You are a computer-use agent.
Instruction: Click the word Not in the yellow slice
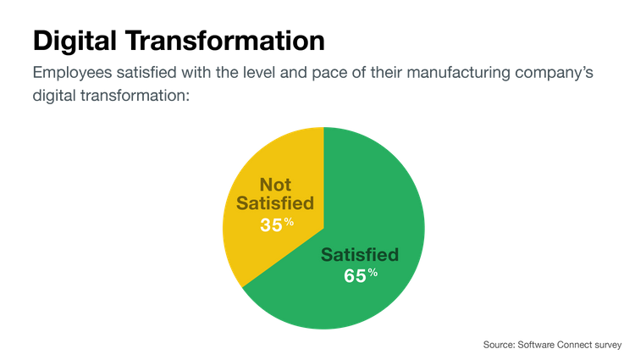tap(276, 185)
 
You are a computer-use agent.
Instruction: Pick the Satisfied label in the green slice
tap(360, 254)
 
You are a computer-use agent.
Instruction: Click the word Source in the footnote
tap(496, 345)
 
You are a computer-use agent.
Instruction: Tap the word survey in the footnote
tap(609, 345)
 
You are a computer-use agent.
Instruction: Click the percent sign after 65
tap(373, 273)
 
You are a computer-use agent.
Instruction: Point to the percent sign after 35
tap(289, 222)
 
